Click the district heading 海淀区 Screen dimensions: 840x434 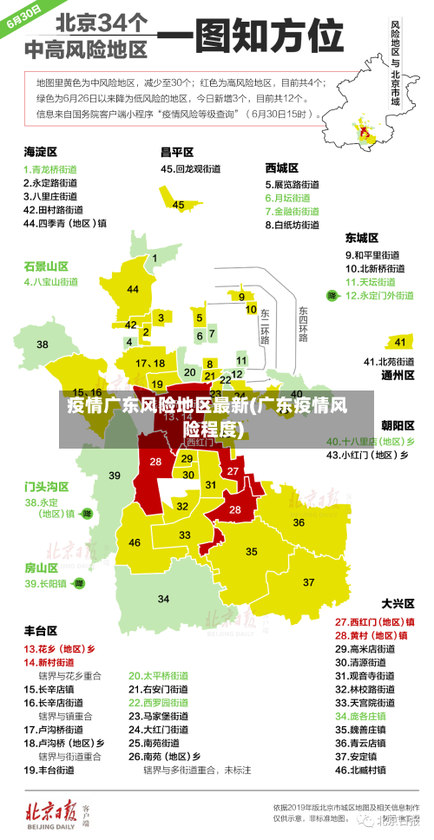click(x=40, y=151)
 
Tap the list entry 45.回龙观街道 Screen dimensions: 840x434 click(x=187, y=169)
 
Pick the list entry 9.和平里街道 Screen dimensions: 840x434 click(x=372, y=255)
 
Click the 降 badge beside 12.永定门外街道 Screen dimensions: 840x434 click(x=331, y=296)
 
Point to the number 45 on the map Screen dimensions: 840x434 click(x=179, y=205)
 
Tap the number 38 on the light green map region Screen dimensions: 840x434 click(x=43, y=320)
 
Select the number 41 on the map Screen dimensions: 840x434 click(x=399, y=342)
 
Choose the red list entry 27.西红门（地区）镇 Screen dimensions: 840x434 click(x=374, y=622)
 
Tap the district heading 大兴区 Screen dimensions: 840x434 click(x=398, y=603)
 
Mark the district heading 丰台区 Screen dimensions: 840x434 click(x=40, y=630)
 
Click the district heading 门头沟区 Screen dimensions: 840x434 click(x=46, y=486)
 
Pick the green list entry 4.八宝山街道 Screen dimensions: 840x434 click(x=50, y=282)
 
